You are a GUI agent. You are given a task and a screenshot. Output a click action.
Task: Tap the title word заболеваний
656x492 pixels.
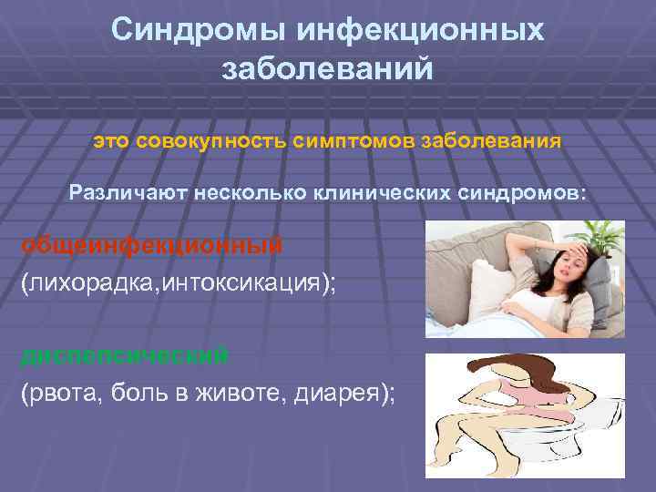327,69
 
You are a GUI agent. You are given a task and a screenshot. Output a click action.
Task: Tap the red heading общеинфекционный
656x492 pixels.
151,245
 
